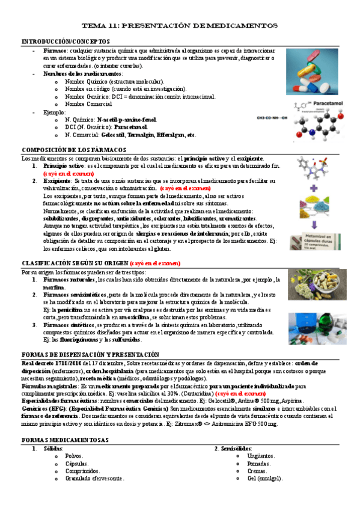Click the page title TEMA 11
(180, 26)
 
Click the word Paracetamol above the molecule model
(326, 103)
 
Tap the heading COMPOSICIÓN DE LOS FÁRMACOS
(73, 149)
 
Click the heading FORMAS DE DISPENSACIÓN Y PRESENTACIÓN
(90, 355)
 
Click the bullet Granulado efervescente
(94, 478)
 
